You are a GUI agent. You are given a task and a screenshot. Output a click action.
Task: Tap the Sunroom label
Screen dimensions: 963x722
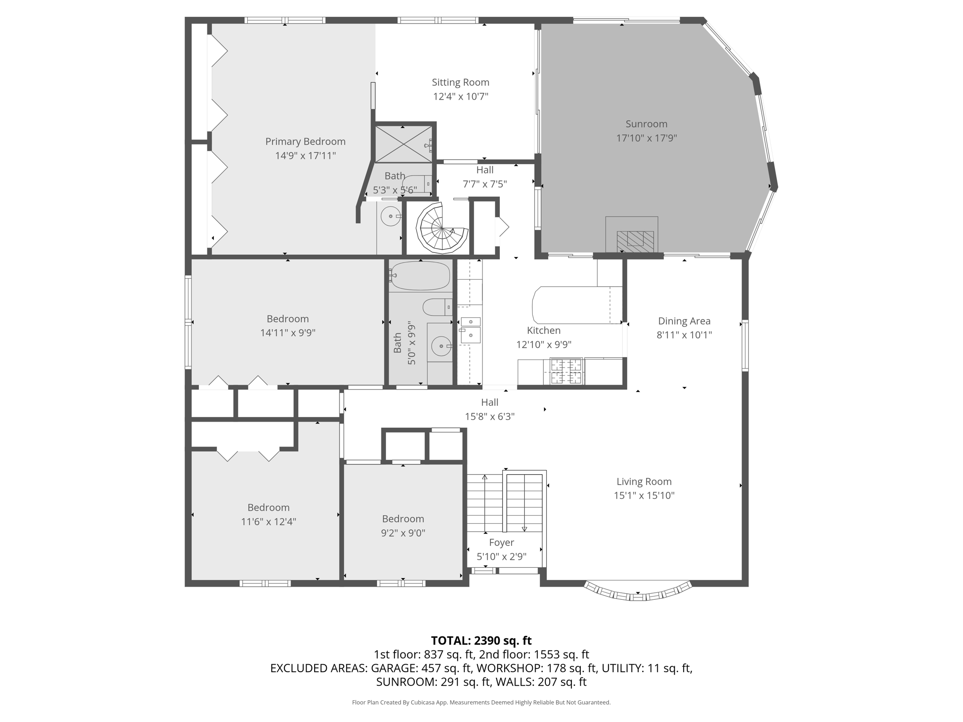(x=646, y=124)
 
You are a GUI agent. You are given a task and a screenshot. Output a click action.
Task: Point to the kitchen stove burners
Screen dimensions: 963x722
(x=566, y=371)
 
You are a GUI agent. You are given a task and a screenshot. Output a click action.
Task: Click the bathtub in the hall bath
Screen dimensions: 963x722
(x=420, y=276)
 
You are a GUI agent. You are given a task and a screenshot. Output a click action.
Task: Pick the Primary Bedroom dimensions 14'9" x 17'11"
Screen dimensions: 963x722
(x=305, y=156)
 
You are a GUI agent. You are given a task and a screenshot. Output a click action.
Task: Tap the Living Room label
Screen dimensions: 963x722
(x=644, y=481)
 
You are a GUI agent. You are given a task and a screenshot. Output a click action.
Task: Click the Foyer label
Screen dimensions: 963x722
(x=501, y=542)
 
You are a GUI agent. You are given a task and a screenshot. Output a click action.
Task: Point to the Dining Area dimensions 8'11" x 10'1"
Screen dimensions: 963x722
(x=684, y=335)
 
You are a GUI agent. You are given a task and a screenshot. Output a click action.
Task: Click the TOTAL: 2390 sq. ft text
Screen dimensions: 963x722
(x=481, y=640)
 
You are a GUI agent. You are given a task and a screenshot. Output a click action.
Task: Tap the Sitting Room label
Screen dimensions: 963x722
(x=460, y=82)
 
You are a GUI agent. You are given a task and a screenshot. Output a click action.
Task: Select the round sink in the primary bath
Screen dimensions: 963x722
(x=391, y=217)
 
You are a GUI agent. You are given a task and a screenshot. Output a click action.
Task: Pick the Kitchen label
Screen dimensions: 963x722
(x=544, y=330)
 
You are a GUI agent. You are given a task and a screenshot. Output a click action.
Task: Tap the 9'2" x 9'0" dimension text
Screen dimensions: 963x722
(x=403, y=533)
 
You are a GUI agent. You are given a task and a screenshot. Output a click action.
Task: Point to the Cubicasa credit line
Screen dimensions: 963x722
(x=481, y=702)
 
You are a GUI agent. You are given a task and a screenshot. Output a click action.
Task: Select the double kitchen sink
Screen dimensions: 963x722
(x=470, y=330)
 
